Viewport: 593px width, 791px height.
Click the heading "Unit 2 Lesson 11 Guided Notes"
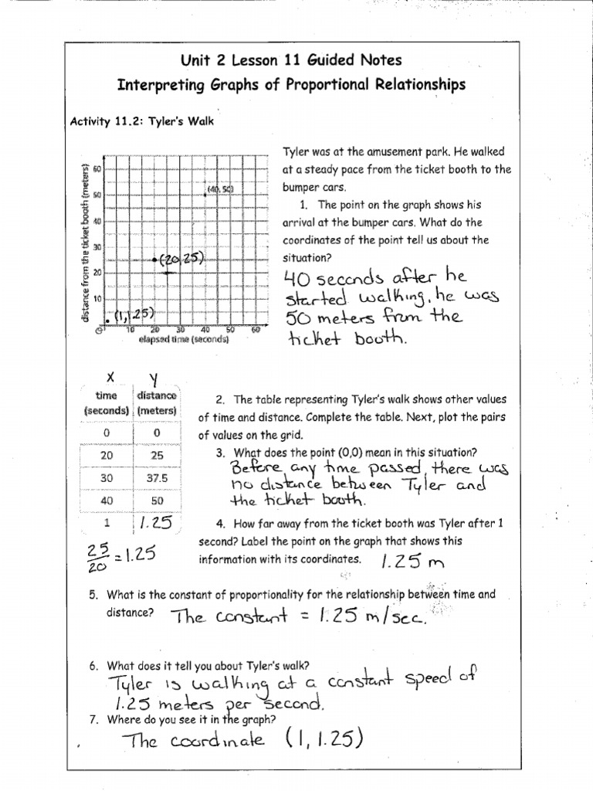pyautogui.click(x=291, y=59)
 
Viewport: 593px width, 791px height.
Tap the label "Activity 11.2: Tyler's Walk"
pyautogui.click(x=141, y=121)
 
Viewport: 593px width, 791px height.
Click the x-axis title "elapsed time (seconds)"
pyautogui.click(x=184, y=339)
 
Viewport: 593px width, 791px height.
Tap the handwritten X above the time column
pyautogui.click(x=111, y=378)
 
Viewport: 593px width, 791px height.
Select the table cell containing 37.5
pyautogui.click(x=157, y=477)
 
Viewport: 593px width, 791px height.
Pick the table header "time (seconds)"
pyautogui.click(x=107, y=403)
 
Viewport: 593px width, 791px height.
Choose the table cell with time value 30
pyautogui.click(x=107, y=477)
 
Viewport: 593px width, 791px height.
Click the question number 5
pyautogui.click(x=93, y=595)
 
